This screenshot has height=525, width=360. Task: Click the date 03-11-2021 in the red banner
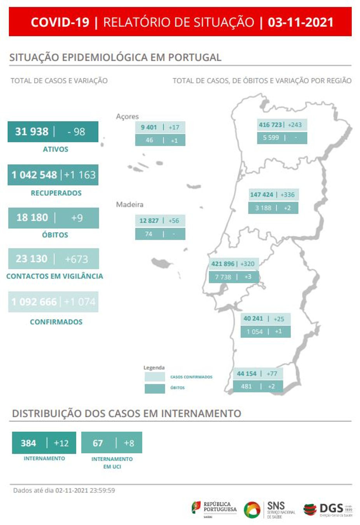tap(300, 22)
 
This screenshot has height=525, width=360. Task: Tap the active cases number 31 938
tap(32, 132)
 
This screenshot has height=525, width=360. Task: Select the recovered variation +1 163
tap(80, 175)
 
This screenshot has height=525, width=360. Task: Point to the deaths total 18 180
tap(32, 218)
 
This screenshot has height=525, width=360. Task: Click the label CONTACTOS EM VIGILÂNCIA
tap(55, 276)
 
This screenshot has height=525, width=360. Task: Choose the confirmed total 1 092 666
tap(34, 302)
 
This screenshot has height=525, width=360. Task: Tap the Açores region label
tap(127, 116)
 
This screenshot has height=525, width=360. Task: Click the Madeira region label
tap(129, 204)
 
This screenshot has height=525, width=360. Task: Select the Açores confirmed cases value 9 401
tap(149, 127)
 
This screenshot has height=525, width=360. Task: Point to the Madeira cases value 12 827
tap(149, 221)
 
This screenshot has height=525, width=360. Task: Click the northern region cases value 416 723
tap(271, 125)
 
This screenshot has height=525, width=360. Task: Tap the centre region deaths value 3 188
tap(263, 208)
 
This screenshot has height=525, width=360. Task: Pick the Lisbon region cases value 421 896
tap(223, 264)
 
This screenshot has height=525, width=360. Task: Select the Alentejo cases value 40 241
tap(253, 319)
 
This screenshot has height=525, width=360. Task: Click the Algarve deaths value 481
tap(246, 386)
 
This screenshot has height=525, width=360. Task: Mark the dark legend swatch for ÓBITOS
tap(155, 388)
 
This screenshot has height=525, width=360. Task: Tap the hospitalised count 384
tap(28, 443)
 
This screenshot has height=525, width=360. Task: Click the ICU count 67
tap(98, 443)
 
